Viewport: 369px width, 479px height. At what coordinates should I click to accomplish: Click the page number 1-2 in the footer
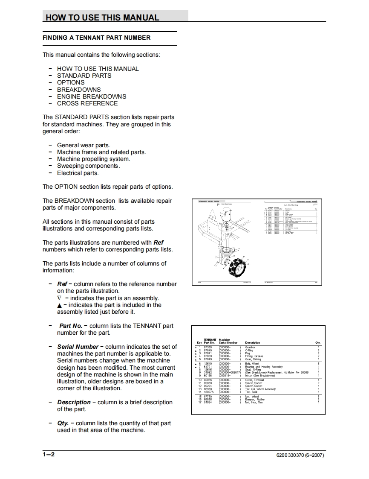[49, 455]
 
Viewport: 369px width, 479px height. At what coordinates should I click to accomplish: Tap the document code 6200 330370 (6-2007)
[300, 455]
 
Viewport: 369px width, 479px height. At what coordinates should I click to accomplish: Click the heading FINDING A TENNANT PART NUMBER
[96, 38]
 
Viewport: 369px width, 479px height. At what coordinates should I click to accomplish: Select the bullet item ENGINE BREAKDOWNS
[92, 96]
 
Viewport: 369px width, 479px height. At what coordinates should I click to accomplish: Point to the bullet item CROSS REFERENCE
[87, 103]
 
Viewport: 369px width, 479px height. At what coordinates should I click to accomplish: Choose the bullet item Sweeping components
[88, 166]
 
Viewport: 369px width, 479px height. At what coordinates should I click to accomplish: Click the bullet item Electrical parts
[78, 173]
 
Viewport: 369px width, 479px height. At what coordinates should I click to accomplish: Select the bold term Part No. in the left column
[71, 326]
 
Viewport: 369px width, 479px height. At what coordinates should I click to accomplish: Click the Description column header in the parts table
[253, 342]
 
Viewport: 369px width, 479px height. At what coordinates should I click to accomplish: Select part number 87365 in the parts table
[208, 348]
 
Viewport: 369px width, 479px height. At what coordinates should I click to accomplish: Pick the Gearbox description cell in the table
[250, 348]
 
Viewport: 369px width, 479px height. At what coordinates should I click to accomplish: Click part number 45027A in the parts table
[209, 392]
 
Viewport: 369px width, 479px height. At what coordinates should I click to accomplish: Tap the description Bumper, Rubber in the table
[255, 400]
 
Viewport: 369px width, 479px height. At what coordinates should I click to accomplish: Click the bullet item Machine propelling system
[93, 159]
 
